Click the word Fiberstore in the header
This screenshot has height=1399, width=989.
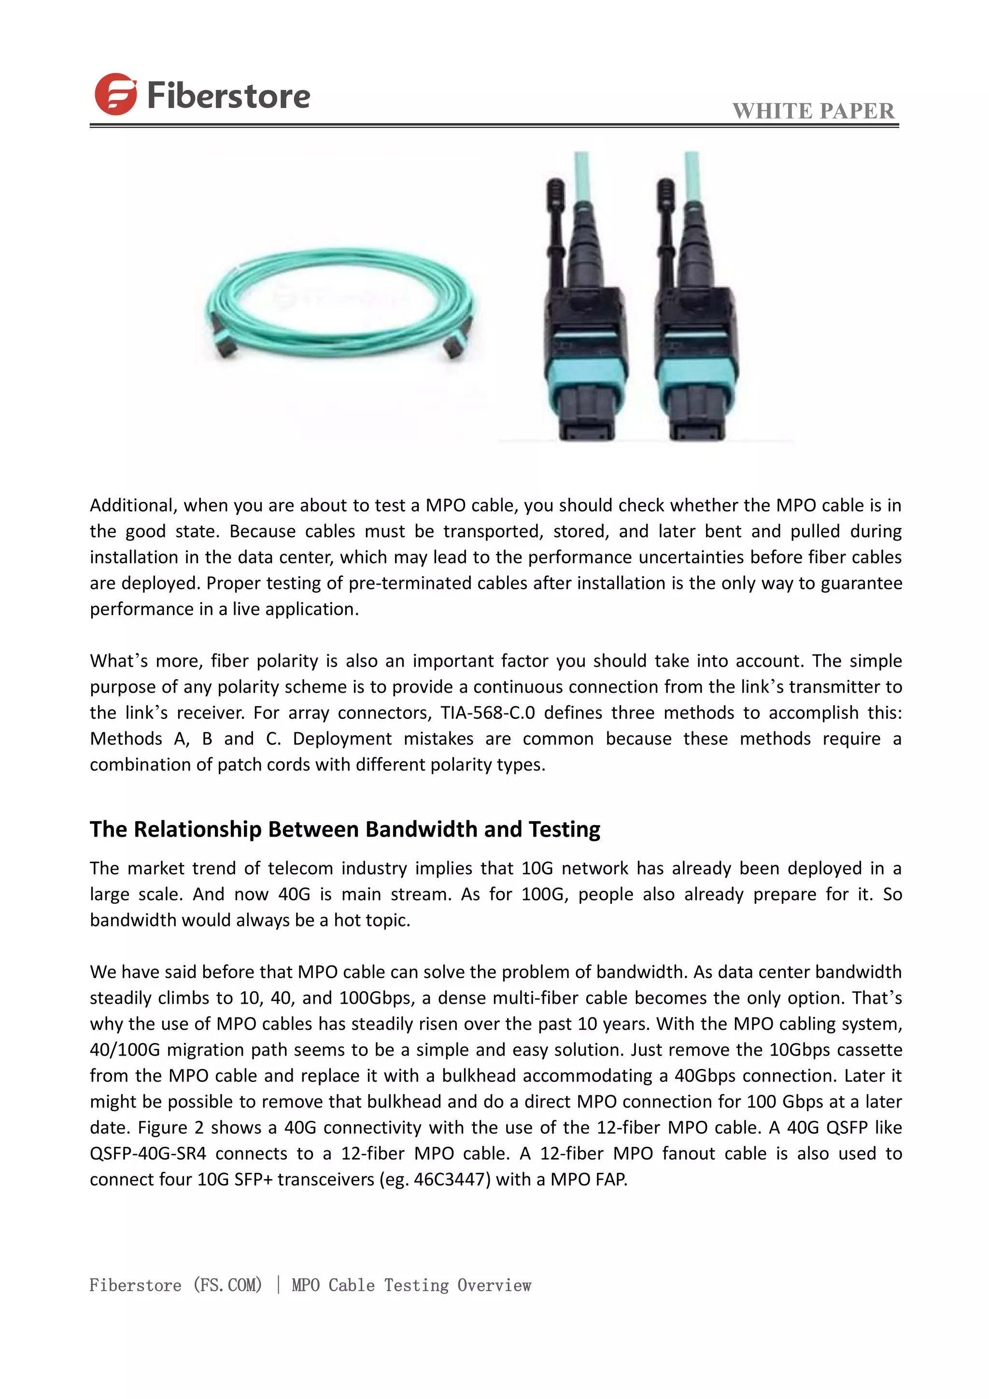pyautogui.click(x=228, y=96)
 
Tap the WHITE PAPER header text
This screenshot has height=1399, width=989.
pyautogui.click(x=813, y=111)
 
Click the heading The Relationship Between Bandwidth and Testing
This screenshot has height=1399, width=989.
pyautogui.click(x=345, y=829)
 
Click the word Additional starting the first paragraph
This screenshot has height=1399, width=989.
pyautogui.click(x=133, y=505)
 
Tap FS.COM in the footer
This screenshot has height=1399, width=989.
pyautogui.click(x=227, y=1285)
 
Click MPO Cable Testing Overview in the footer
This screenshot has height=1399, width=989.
pyautogui.click(x=411, y=1285)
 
